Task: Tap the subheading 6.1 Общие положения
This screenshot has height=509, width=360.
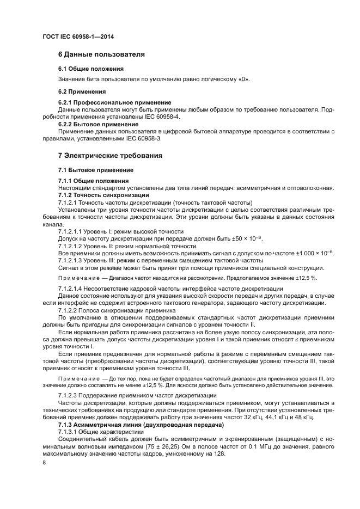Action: coord(90,69)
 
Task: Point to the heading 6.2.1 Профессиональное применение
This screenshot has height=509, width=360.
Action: coord(114,102)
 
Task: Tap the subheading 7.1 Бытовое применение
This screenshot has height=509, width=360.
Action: coord(95,170)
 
